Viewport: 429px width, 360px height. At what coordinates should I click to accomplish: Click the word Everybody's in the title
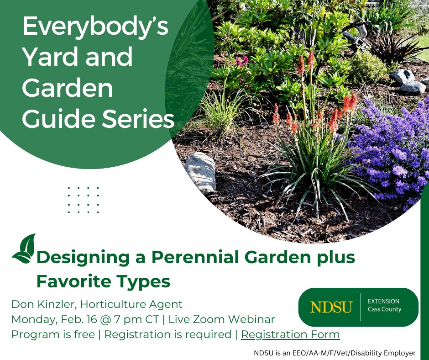coord(95,27)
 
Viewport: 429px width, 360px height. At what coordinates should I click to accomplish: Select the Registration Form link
coord(290,334)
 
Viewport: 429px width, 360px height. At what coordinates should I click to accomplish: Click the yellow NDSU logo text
coord(331,307)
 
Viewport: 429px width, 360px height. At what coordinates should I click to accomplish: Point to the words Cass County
coord(384,309)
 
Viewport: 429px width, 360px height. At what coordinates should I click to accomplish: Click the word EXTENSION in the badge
coord(383,301)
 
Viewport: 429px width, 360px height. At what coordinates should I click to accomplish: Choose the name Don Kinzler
coord(42,304)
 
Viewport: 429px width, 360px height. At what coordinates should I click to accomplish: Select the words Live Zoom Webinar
coord(222,319)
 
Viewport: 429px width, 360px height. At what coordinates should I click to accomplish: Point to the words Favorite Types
coord(103,281)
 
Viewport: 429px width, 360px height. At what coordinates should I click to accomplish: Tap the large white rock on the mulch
coord(201,172)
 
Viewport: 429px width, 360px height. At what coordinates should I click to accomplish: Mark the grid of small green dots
coord(83,200)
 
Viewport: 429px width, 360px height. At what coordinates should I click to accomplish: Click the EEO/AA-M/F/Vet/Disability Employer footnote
coord(335,353)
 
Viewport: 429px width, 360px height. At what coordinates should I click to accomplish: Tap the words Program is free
coord(53,334)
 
